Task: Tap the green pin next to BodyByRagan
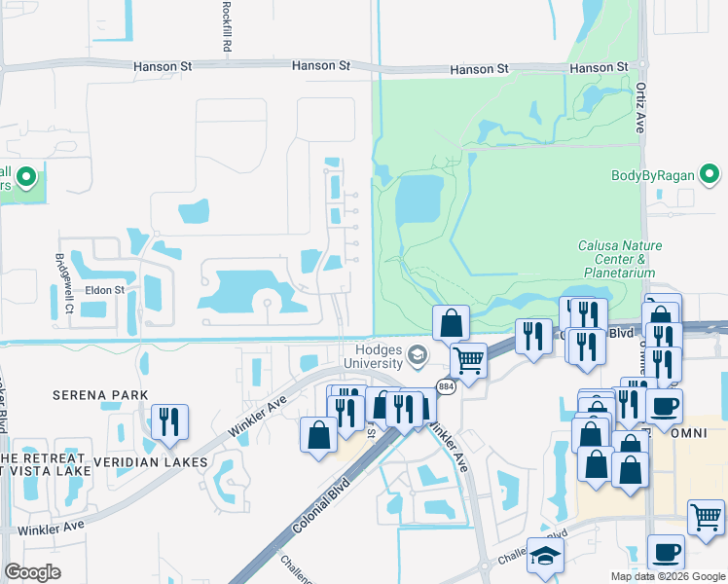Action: click(x=711, y=176)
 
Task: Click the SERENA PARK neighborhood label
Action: click(x=101, y=394)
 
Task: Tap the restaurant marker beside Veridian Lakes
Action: click(x=169, y=422)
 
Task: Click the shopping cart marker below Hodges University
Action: click(x=468, y=361)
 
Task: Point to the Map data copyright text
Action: click(x=668, y=576)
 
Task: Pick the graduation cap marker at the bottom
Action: click(x=545, y=557)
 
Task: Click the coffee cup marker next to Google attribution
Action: click(x=666, y=553)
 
